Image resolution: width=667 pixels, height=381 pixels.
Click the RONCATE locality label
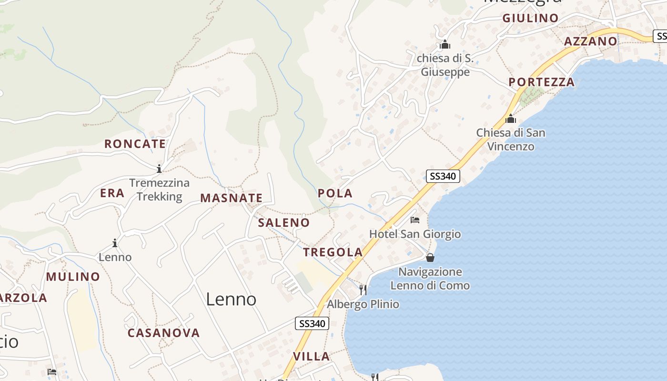click(135, 144)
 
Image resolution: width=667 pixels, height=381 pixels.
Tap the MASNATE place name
click(231, 198)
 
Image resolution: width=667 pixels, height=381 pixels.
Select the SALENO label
click(283, 222)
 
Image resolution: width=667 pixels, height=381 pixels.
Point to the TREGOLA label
click(333, 252)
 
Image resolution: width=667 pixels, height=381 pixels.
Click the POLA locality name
click(335, 193)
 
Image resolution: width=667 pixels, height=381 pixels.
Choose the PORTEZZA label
click(542, 82)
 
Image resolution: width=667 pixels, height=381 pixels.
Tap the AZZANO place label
click(590, 41)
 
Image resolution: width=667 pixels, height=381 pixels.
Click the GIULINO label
click(530, 18)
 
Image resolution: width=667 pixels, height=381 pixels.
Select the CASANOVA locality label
click(163, 333)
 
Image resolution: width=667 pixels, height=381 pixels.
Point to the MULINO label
click(73, 277)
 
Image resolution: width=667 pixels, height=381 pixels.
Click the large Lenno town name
click(231, 299)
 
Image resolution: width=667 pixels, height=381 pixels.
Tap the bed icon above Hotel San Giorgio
click(415, 220)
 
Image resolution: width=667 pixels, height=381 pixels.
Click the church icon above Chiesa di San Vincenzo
click(511, 119)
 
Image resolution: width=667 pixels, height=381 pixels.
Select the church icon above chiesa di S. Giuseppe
click(445, 45)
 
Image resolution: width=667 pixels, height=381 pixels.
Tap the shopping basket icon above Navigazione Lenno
click(430, 258)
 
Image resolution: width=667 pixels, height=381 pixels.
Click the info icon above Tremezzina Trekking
click(159, 169)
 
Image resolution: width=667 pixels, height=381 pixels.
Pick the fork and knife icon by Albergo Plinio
click(363, 290)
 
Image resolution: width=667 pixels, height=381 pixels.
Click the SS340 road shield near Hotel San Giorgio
click(443, 176)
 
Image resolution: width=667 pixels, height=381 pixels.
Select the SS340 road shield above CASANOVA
click(312, 324)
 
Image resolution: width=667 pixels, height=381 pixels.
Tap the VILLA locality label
click(311, 356)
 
